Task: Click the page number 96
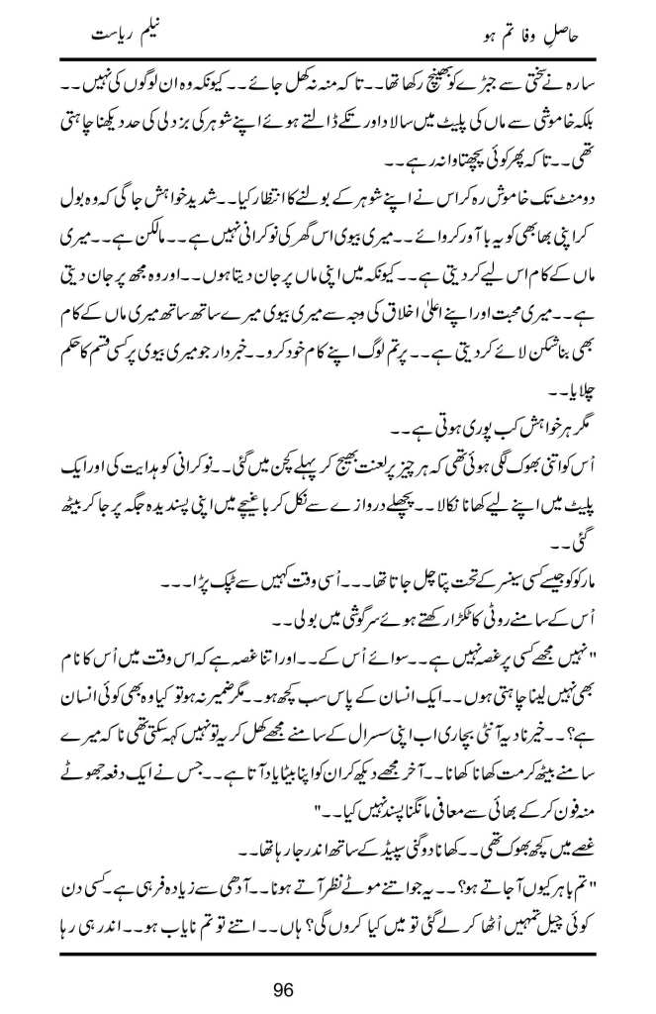coord(327,987)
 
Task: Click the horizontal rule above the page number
coord(327,948)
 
